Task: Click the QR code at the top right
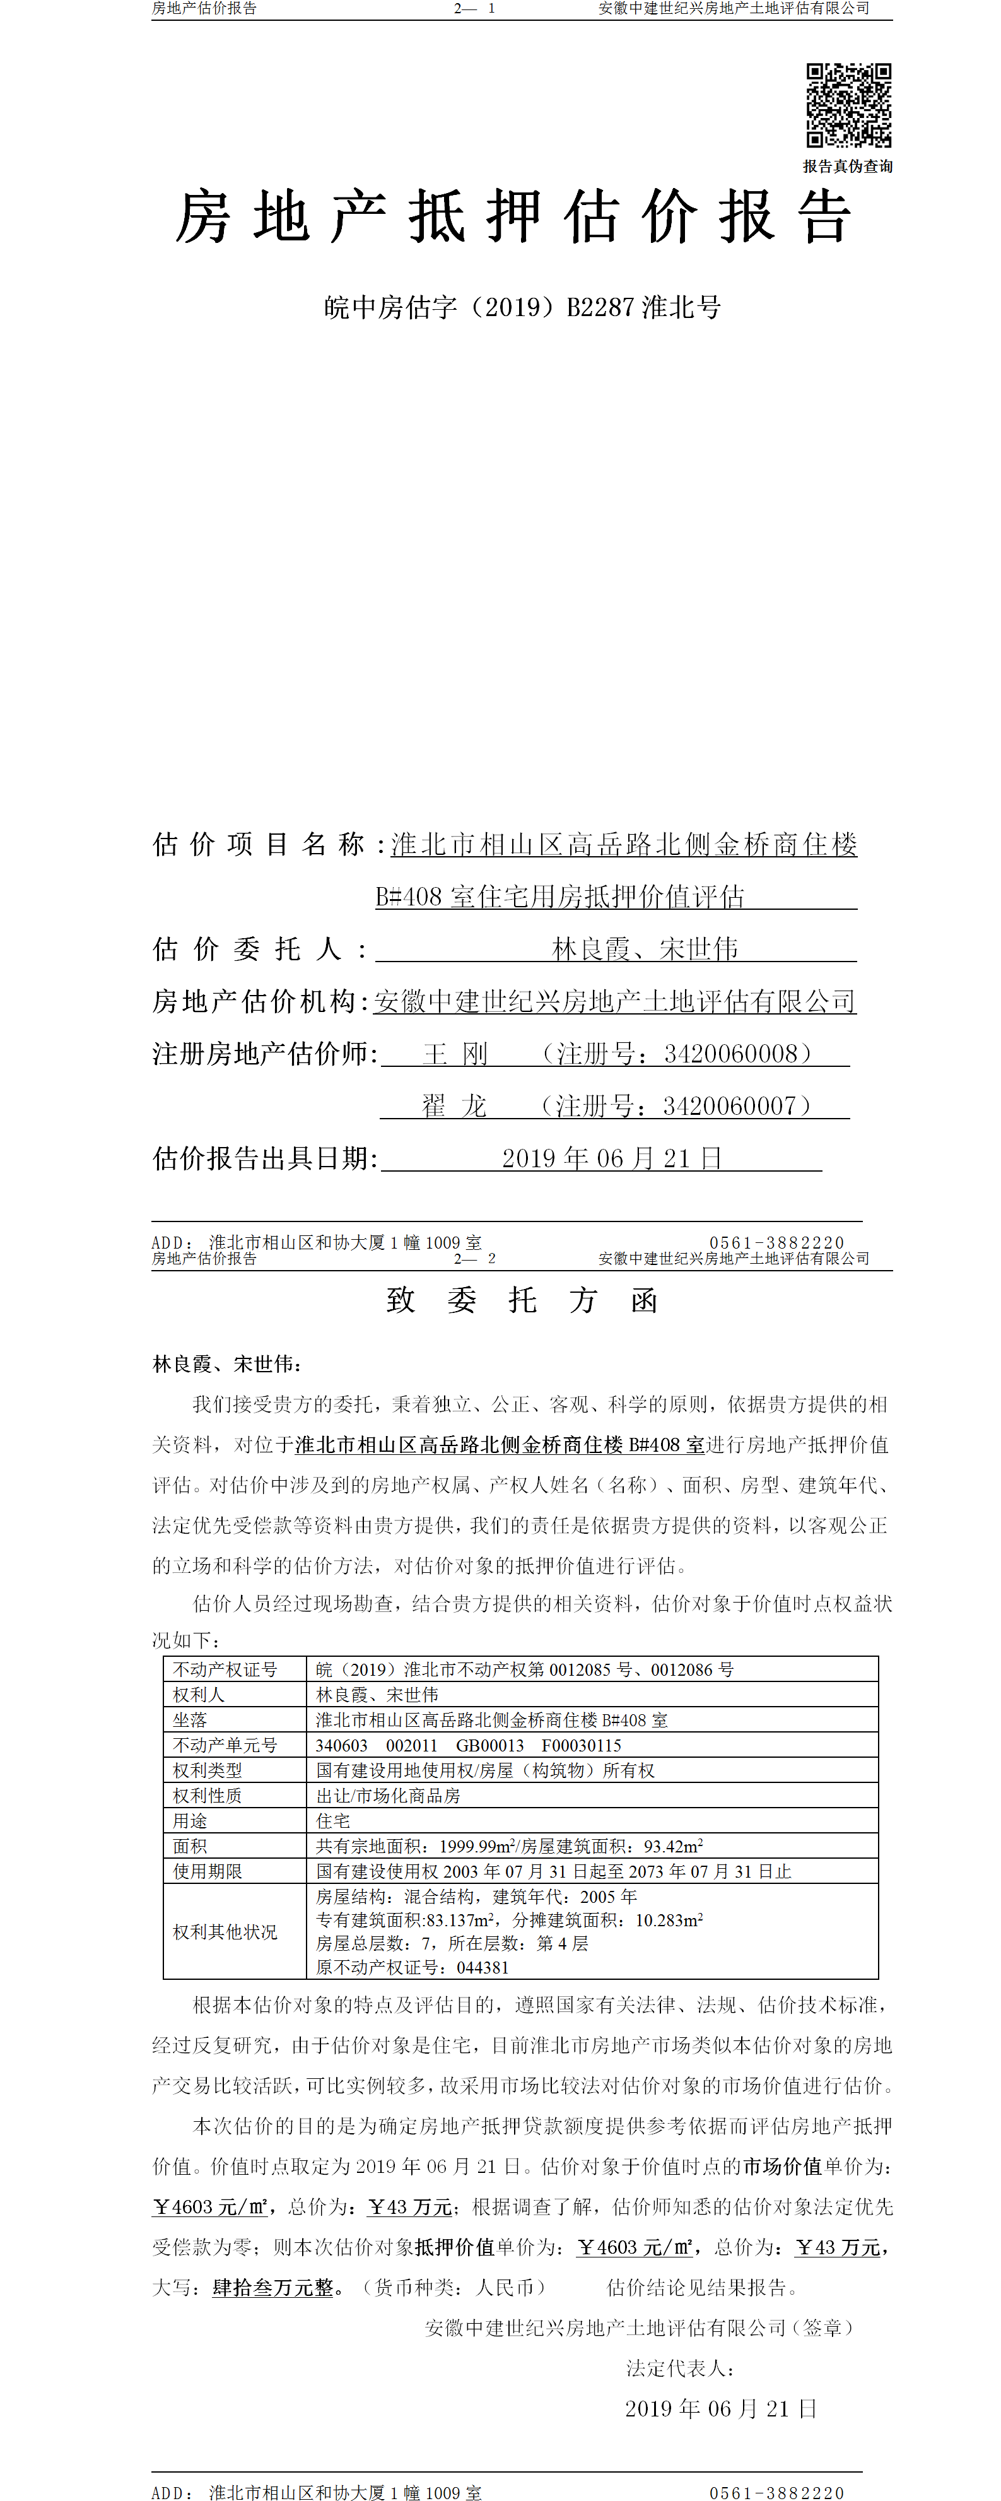coord(848,105)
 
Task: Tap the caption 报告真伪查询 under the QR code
coord(848,166)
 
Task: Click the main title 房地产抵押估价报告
coord(513,216)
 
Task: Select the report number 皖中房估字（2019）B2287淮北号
coord(522,308)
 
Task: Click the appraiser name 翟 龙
coord(454,1106)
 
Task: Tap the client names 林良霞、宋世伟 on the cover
coord(645,948)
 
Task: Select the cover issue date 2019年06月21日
coord(612,1158)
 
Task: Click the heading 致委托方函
coord(522,1300)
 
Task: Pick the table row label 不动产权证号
coord(225,1669)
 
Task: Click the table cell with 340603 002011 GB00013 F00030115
coord(468,1745)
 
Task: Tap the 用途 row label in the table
coord(190,1820)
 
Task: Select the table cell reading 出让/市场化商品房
coord(389,1795)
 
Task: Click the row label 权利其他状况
coord(225,1932)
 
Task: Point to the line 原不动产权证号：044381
coord(412,1967)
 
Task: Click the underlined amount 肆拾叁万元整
coord(273,2287)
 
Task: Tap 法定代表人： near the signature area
coord(679,2368)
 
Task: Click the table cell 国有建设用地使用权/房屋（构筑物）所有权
coord(486,1770)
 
